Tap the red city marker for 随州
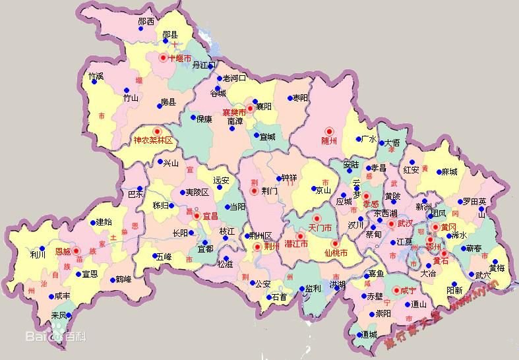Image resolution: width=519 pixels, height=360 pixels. [x=332, y=131]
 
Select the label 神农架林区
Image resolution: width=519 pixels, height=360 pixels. [x=152, y=140]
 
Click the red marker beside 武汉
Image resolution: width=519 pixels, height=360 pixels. [x=391, y=224]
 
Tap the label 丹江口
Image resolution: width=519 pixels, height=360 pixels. [x=204, y=65]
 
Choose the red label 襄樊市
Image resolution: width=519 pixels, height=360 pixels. [x=233, y=113]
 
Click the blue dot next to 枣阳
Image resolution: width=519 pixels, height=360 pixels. [x=290, y=98]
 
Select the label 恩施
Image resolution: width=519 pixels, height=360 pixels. [x=63, y=251]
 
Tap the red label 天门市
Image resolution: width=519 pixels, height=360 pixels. [x=318, y=227]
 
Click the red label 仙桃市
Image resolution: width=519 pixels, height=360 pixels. [x=336, y=253]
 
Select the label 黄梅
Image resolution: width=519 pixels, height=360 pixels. [x=497, y=268]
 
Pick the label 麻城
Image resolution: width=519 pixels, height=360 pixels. [x=449, y=171]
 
